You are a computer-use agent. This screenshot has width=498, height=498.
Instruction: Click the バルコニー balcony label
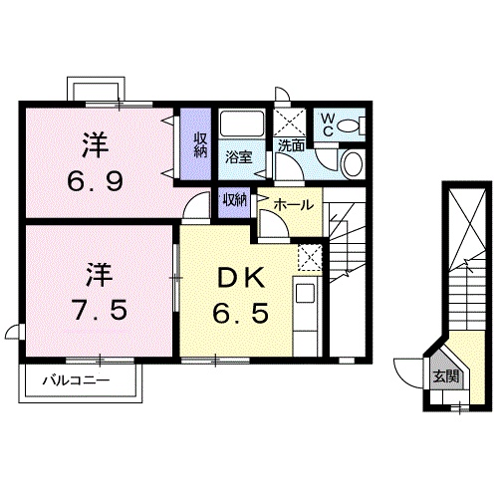(76, 380)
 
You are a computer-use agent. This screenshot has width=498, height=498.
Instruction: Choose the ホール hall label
(293, 204)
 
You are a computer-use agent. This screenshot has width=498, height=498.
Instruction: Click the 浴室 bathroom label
(238, 156)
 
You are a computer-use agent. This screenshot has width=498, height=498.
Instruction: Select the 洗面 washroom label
(292, 145)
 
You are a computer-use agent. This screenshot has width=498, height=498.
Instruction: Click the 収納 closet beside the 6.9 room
(200, 145)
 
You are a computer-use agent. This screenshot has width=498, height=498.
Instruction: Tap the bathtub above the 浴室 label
(240, 125)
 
